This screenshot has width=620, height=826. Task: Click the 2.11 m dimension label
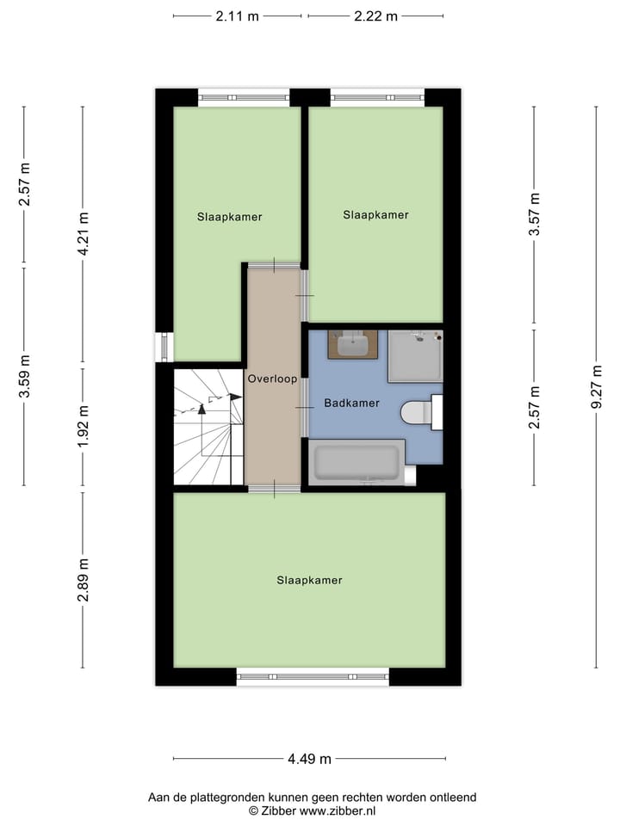(x=237, y=15)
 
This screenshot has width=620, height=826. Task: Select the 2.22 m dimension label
(x=375, y=15)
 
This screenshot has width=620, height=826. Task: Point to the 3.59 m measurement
(x=24, y=376)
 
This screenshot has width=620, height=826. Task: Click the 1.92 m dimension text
(x=83, y=427)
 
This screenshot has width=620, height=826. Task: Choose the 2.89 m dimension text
(x=83, y=581)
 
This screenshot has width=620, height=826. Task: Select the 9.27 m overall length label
(x=596, y=388)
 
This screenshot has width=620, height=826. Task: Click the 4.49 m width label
(x=310, y=759)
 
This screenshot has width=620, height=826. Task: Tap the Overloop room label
(x=272, y=379)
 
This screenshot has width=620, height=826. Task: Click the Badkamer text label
(x=351, y=403)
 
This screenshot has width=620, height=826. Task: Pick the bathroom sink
(x=352, y=345)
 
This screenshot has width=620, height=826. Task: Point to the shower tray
(x=415, y=356)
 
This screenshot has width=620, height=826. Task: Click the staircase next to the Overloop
(x=208, y=427)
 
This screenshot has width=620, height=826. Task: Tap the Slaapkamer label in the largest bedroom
(x=309, y=580)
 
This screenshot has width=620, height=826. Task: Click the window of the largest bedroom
(x=313, y=677)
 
